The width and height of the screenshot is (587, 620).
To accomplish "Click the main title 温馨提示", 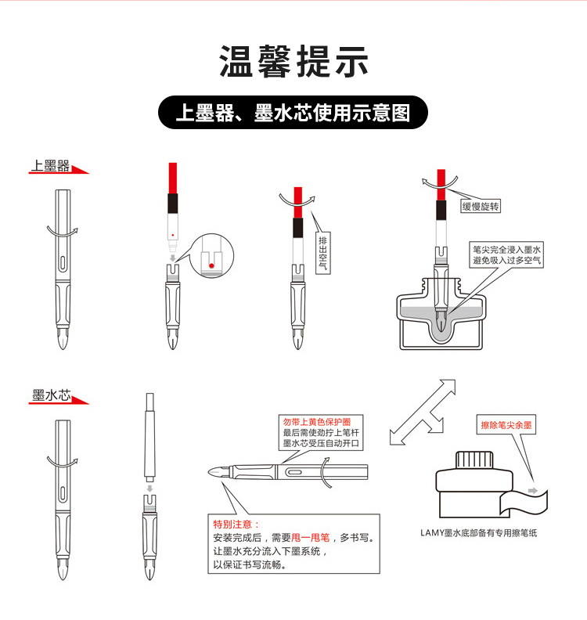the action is pos(293,61).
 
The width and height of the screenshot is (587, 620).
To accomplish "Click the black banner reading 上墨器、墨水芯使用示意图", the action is pos(293,112).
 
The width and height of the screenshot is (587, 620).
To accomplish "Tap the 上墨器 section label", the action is pos(51,166).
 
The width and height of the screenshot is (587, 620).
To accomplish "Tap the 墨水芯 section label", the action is pos(52,395).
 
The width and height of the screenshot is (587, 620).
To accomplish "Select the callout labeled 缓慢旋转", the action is pos(481,206).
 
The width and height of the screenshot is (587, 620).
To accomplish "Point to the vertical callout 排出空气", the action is pos(323,253).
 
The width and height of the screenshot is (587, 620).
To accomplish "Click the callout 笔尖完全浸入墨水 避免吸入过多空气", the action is pos(506,254).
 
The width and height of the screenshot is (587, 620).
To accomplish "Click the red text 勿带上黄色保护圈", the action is pos(317,422).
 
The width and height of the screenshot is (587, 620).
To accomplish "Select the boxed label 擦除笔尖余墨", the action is pos(506,425).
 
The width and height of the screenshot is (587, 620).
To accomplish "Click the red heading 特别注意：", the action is pos(236,524).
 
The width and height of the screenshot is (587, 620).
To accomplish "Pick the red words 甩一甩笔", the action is pos(310,538).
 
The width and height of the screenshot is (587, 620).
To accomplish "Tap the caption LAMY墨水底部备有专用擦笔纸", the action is pos(479,532).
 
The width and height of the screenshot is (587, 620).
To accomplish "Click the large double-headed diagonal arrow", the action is pos(423,413).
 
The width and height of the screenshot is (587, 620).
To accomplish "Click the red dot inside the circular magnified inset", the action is pos(211,265).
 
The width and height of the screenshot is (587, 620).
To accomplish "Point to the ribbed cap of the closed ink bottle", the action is pos(474,460).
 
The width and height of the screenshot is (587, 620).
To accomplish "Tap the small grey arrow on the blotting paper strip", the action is pos(533,491).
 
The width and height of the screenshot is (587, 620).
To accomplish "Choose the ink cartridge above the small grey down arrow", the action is pos(149,435).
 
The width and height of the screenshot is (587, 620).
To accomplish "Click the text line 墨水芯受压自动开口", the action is pos(321,443).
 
